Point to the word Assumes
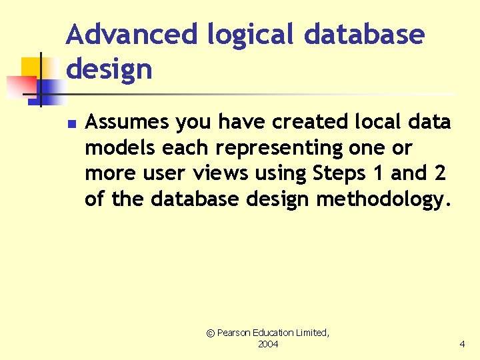[127, 122]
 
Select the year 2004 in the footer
[268, 344]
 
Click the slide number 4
[462, 344]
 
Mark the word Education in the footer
[281, 332]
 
